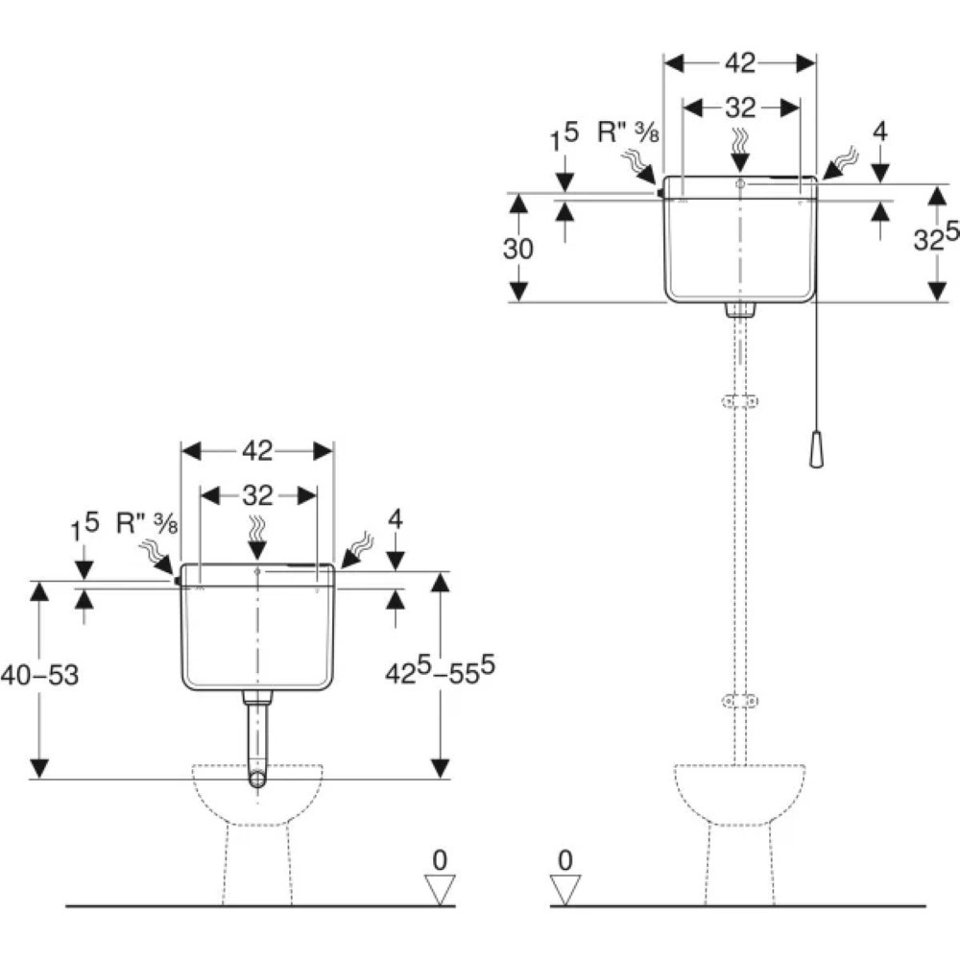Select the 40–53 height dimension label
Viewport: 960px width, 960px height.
(39, 675)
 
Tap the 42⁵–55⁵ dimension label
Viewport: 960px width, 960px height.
(440, 670)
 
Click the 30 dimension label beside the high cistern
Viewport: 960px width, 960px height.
(518, 249)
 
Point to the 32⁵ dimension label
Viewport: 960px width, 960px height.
(935, 237)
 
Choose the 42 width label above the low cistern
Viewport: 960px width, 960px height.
(257, 451)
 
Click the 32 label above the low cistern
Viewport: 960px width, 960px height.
(257, 495)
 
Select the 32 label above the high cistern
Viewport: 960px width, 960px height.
(740, 108)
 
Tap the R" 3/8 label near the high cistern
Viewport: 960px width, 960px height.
(628, 132)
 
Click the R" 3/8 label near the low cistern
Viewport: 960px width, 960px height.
(147, 523)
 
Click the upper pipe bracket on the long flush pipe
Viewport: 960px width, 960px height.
(740, 401)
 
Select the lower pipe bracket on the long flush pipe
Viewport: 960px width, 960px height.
(740, 701)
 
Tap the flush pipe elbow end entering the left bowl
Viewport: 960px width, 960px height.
(257, 780)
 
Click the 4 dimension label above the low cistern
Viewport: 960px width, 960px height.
(396, 519)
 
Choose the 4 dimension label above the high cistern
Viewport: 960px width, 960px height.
(879, 132)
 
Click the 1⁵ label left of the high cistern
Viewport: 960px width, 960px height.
(564, 137)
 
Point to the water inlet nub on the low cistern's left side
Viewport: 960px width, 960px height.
(178, 581)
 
